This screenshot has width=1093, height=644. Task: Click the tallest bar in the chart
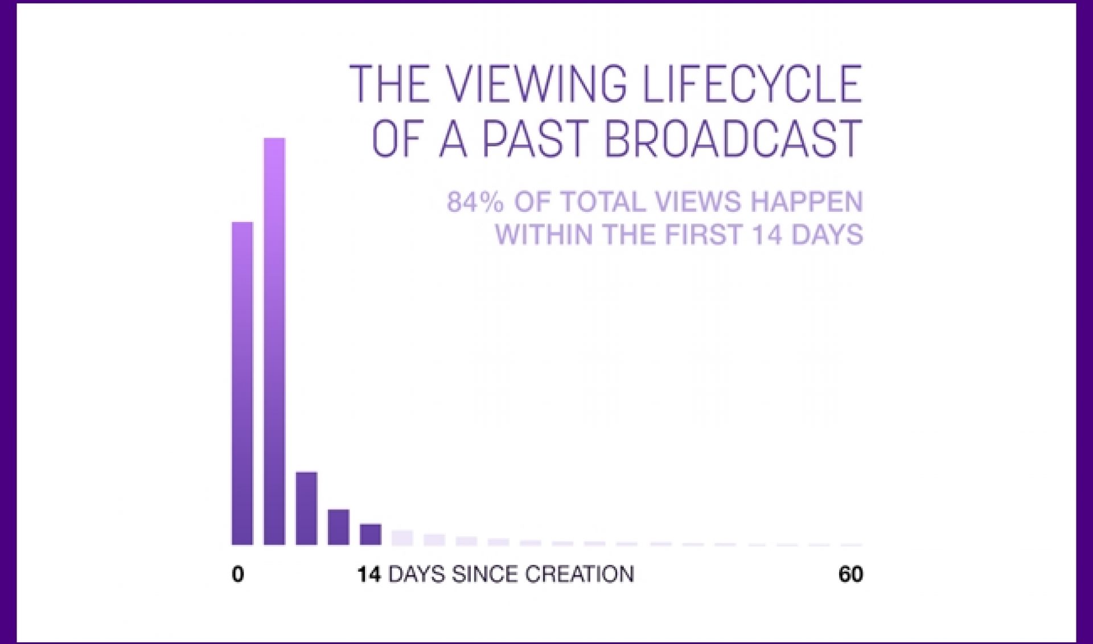pos(274,342)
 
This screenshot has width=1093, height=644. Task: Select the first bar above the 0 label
pos(243,383)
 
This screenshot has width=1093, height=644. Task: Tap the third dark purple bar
pos(306,508)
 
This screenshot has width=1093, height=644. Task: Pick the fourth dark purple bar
pos(338,527)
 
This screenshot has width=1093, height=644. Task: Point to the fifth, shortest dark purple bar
pos(371,534)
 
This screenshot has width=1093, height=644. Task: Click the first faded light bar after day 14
pos(402,538)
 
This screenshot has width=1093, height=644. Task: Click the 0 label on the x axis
pos(238,574)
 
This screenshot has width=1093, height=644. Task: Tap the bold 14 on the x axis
pos(369,574)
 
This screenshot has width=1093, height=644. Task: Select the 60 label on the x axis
pos(850,574)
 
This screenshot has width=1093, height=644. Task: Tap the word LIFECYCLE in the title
pos(752,84)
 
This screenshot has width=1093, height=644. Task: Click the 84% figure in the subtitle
pos(475,202)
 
